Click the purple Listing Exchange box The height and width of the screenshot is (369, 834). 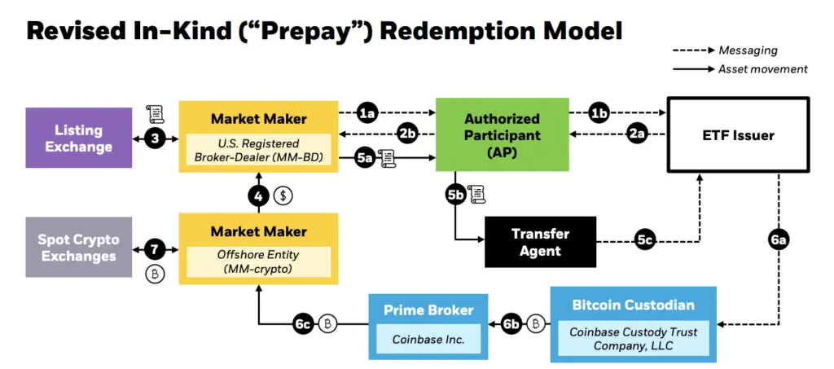(x=79, y=138)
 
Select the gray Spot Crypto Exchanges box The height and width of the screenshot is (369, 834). (x=79, y=247)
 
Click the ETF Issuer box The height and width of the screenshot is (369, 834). (x=738, y=134)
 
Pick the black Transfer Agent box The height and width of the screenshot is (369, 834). (x=540, y=242)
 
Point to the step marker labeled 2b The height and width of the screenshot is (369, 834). (x=407, y=134)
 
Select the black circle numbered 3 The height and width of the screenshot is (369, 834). (x=156, y=138)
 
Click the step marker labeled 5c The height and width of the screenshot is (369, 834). (x=646, y=241)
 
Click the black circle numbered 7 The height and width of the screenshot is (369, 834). (x=156, y=248)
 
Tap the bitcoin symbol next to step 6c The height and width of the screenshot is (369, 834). (x=327, y=323)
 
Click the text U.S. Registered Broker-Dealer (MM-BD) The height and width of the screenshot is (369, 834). (x=259, y=152)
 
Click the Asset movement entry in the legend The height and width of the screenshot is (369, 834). (x=762, y=69)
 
